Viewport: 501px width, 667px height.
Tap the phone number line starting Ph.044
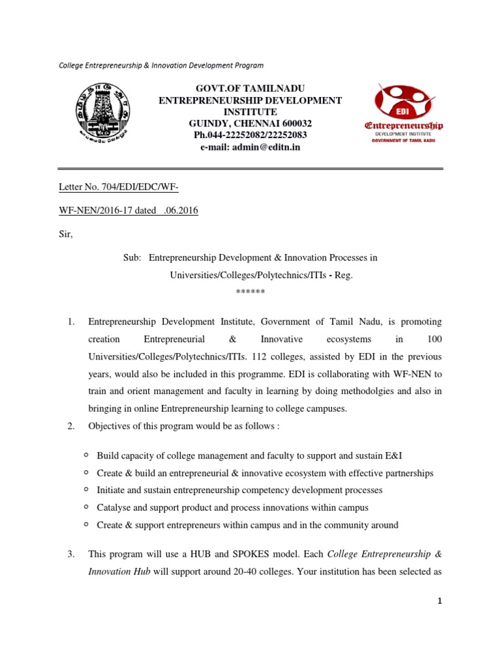250,135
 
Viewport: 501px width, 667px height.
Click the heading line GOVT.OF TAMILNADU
250,88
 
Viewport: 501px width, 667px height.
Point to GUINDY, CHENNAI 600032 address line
250,123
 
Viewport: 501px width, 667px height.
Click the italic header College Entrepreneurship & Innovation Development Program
161,65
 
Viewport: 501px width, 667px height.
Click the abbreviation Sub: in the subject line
132,257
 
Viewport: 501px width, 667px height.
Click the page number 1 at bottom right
440,601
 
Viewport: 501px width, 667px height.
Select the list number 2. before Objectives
71,425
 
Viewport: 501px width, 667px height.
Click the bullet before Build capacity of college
86,455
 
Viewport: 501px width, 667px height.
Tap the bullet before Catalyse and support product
86,507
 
